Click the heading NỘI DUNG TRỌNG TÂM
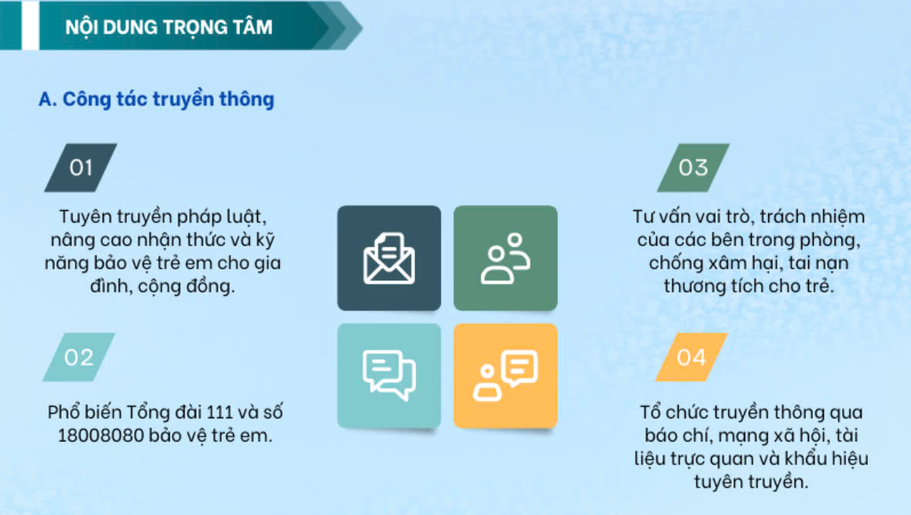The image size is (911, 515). point(168,27)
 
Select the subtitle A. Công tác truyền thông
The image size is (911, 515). point(156,99)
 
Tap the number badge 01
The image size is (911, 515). point(81,168)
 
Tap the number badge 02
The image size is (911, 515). point(79,357)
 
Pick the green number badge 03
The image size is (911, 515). point(693,168)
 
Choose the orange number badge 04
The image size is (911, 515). point(692,357)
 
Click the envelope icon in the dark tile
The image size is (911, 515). point(388,258)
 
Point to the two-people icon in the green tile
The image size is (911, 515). point(506,258)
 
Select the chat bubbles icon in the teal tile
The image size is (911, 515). point(388,375)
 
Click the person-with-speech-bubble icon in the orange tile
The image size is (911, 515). point(506,375)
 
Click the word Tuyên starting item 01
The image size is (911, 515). point(85,217)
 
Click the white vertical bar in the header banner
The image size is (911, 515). point(30,25)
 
